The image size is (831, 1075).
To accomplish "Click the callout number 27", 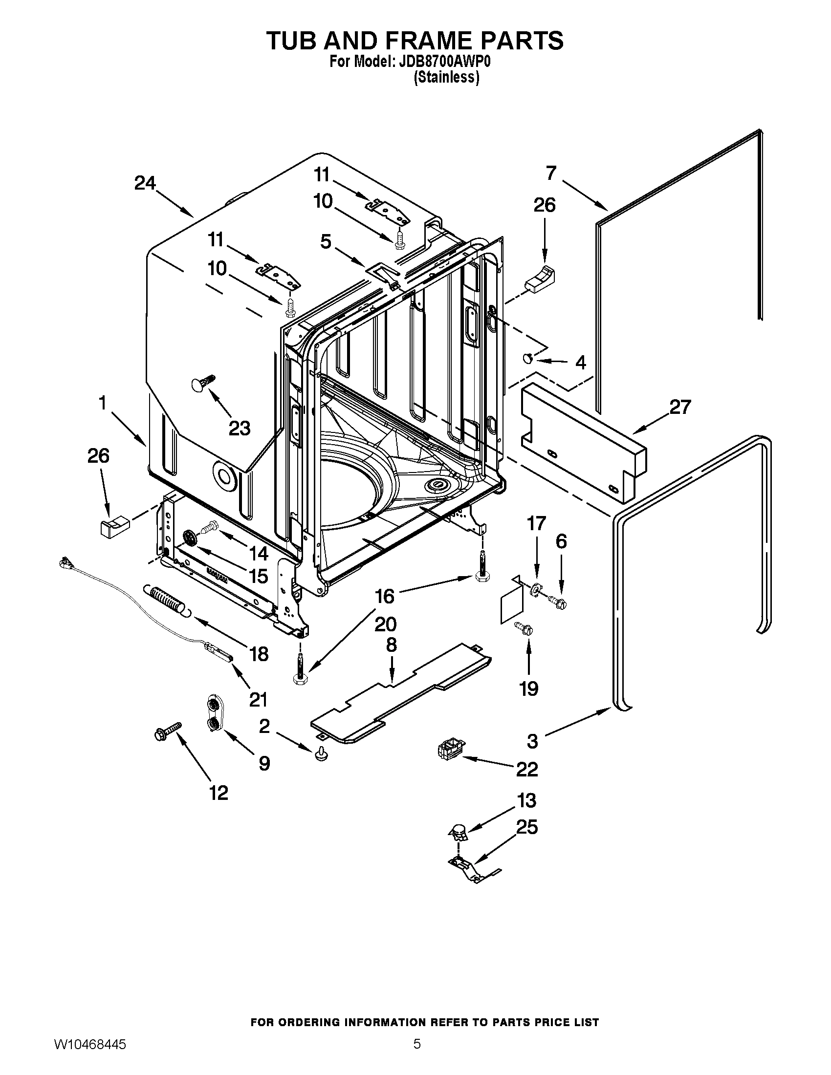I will pos(680,407).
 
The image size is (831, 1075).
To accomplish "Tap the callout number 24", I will pos(145,183).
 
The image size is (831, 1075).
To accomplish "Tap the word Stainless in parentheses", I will pos(446,78).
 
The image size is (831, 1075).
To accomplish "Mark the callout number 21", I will pos(258,699).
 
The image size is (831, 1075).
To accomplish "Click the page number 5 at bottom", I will pos(416,1054).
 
